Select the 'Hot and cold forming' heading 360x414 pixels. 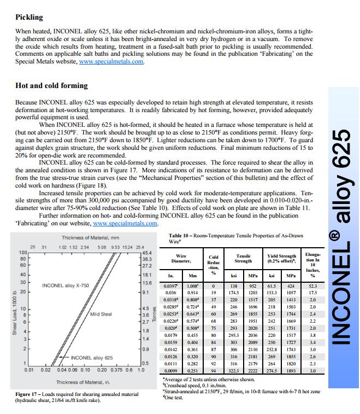(x=51, y=86)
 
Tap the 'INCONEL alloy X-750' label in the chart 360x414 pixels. (x=65, y=285)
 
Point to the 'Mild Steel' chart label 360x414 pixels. (x=102, y=314)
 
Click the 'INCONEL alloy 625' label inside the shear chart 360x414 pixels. (x=92, y=358)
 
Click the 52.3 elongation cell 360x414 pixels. (x=312, y=285)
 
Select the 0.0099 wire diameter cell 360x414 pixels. (x=171, y=371)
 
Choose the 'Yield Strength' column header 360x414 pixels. (x=279, y=259)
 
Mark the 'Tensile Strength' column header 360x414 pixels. (x=243, y=259)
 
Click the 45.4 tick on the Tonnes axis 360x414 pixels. (x=147, y=252)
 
